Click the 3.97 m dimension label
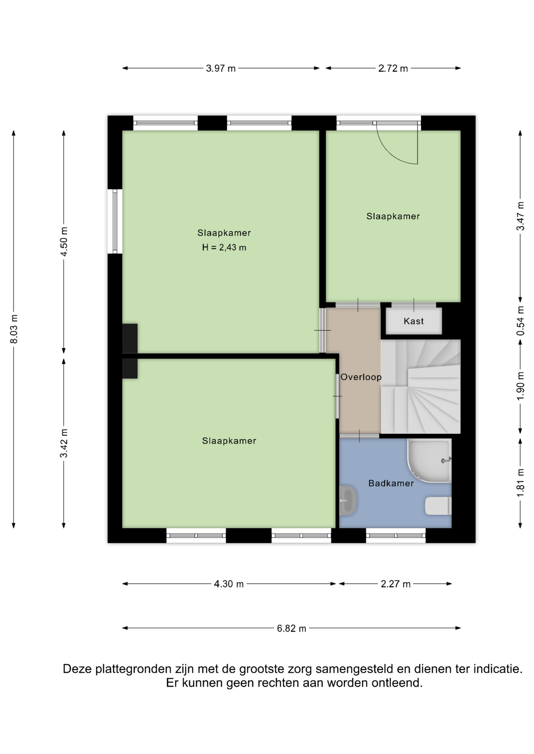click(x=221, y=68)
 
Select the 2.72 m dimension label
click(x=393, y=68)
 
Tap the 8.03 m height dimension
click(x=14, y=329)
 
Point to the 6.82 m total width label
click(x=291, y=628)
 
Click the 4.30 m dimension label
click(x=229, y=584)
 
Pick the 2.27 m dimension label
click(x=396, y=584)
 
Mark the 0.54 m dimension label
click(x=520, y=321)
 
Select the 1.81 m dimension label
click(x=520, y=483)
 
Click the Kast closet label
click(x=414, y=321)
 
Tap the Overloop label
click(x=361, y=377)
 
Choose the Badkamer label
click(x=391, y=483)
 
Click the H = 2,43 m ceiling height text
click(x=224, y=247)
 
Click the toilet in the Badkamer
click(x=438, y=506)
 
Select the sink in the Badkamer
click(x=348, y=501)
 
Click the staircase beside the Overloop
click(x=420, y=386)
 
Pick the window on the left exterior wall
click(x=115, y=221)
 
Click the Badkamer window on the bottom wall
click(x=396, y=535)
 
